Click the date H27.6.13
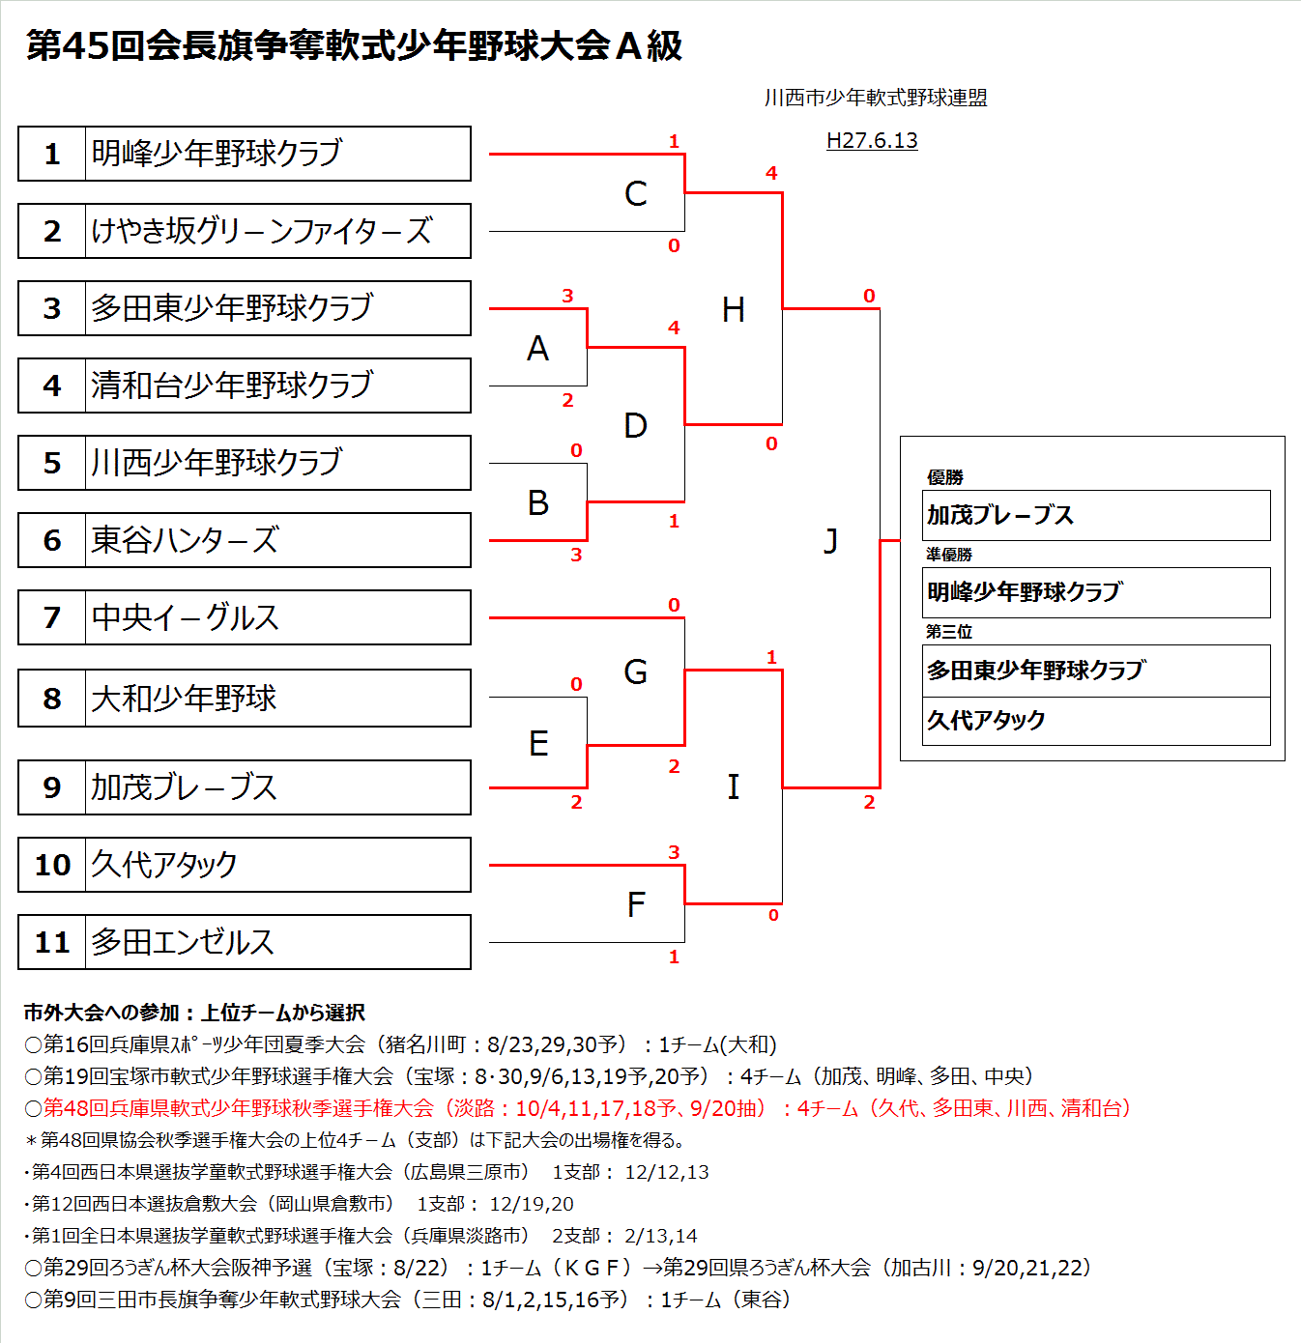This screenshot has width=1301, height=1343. click(x=872, y=141)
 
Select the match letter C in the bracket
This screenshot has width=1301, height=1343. click(x=635, y=194)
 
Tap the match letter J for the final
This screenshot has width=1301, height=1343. click(x=830, y=541)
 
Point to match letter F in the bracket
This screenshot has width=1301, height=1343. click(x=635, y=905)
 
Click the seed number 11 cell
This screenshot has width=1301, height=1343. click(x=52, y=942)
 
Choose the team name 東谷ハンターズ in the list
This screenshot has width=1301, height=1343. click(x=185, y=540)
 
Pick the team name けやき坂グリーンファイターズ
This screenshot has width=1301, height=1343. click(x=261, y=231)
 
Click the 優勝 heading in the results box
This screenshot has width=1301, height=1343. click(x=944, y=477)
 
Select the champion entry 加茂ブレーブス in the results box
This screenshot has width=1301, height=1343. click(x=999, y=515)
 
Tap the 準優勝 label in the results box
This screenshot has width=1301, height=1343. click(x=948, y=555)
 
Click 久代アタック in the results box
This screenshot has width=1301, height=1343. click(x=986, y=720)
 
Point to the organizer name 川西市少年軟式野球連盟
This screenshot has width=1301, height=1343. click(x=875, y=98)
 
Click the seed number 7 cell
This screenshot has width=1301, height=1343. click(x=52, y=617)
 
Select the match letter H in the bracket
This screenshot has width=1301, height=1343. click(x=733, y=310)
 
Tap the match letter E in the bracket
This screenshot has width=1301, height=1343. click(x=538, y=743)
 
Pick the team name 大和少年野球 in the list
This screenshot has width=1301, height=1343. click(x=184, y=699)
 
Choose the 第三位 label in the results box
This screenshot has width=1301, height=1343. click(x=948, y=632)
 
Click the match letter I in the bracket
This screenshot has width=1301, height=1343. click(x=733, y=787)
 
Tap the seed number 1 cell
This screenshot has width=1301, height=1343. click(x=52, y=154)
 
